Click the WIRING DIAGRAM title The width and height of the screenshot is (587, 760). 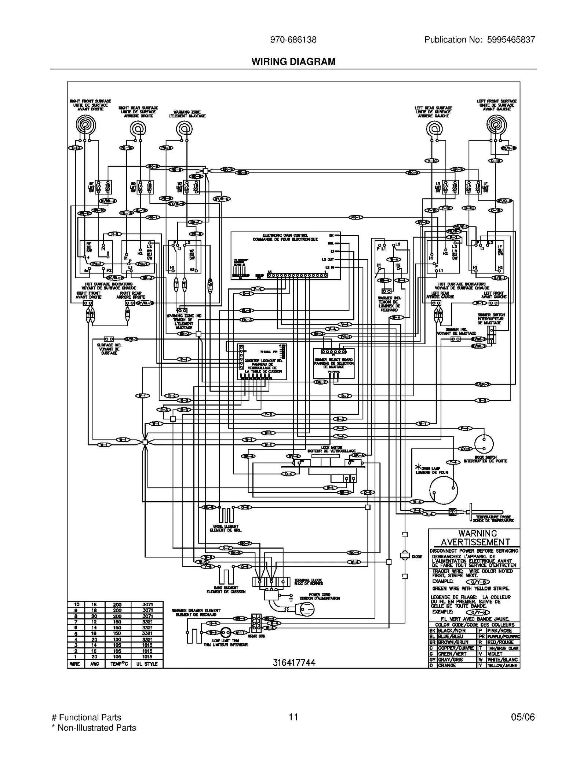tap(293, 62)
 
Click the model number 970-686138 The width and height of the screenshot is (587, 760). tap(293, 40)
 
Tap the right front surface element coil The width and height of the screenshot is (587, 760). tap(86, 126)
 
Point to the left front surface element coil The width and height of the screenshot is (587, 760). tap(496, 126)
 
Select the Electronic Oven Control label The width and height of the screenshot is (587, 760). tap(285, 237)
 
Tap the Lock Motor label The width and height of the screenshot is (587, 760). tap(331, 449)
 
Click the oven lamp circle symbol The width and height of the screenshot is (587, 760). tap(444, 490)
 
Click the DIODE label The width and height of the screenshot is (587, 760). tap(417, 557)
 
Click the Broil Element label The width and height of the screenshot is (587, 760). tap(226, 528)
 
